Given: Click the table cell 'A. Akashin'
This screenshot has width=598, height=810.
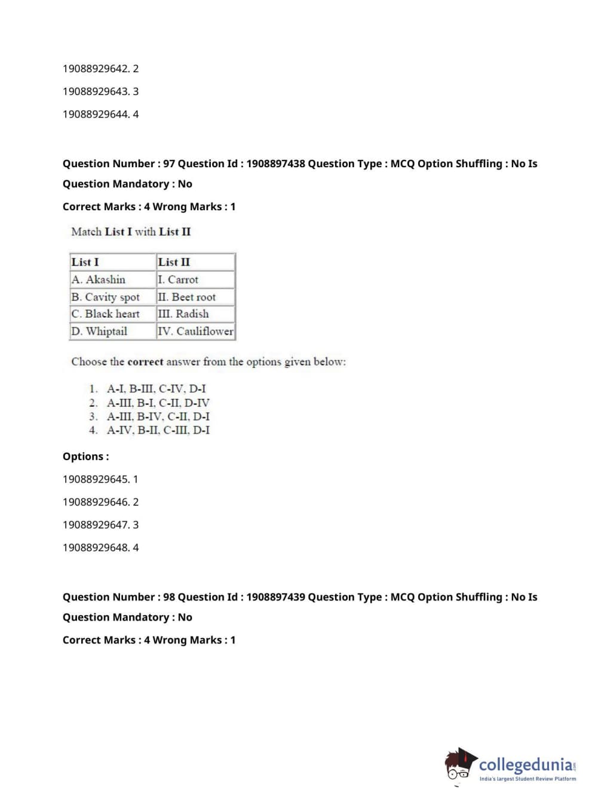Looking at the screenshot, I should pyautogui.click(x=99, y=280).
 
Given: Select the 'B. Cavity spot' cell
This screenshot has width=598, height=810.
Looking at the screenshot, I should pyautogui.click(x=105, y=297).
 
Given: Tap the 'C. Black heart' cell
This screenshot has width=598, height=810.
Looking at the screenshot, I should pyautogui.click(x=105, y=314).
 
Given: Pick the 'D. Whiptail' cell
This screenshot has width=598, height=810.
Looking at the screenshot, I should pyautogui.click(x=99, y=331).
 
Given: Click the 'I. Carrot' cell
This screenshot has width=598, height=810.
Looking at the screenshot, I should pyautogui.click(x=178, y=280).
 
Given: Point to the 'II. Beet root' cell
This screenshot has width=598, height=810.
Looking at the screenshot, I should pyautogui.click(x=187, y=297).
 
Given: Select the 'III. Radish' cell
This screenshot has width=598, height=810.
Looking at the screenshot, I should pyautogui.click(x=183, y=314).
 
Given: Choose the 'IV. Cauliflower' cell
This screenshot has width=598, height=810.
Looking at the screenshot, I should pyautogui.click(x=195, y=331).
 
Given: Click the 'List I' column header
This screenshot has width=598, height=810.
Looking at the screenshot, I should pyautogui.click(x=85, y=262).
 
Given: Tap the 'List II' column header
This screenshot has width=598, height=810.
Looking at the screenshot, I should pyautogui.click(x=174, y=262).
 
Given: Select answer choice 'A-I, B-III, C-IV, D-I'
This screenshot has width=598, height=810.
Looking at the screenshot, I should pyautogui.click(x=156, y=389).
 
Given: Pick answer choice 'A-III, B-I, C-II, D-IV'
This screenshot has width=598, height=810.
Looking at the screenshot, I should pyautogui.click(x=158, y=403).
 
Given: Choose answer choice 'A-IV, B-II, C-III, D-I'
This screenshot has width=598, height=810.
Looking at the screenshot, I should pyautogui.click(x=158, y=430).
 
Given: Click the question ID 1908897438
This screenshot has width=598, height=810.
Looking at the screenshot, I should pyautogui.click(x=275, y=164).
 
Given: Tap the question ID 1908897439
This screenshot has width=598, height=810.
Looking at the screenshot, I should pyautogui.click(x=275, y=597).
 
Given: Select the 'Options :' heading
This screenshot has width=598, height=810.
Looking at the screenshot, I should pyautogui.click(x=86, y=456).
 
